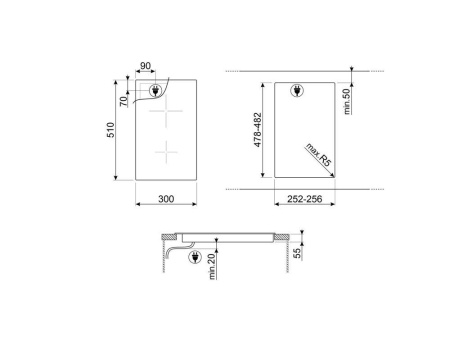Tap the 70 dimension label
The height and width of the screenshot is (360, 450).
[124, 100]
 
